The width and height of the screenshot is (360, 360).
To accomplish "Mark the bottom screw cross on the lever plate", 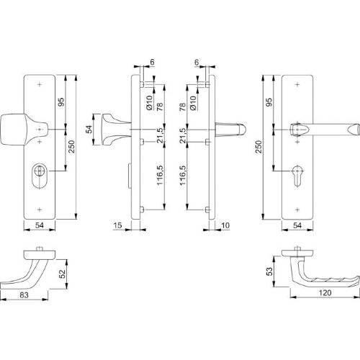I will coord(297,208).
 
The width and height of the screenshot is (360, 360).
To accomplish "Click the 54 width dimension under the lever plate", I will coord(297,226).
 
